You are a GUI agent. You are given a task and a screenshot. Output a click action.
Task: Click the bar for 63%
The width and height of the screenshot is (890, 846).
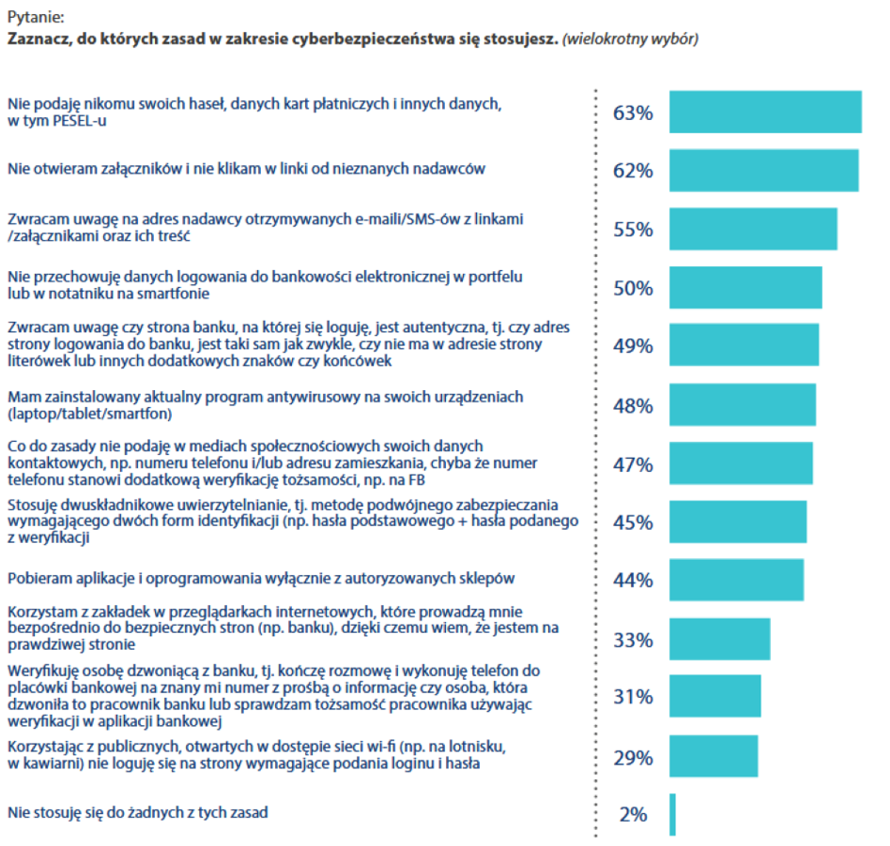[x=765, y=113]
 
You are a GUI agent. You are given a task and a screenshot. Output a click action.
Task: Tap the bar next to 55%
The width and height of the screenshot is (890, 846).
[x=753, y=230]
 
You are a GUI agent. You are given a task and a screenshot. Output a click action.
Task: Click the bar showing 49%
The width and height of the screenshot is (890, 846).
[x=744, y=346]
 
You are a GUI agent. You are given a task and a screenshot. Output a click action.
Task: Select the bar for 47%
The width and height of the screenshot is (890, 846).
[x=741, y=463]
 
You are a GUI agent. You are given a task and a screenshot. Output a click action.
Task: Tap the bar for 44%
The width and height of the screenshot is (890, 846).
[x=736, y=580]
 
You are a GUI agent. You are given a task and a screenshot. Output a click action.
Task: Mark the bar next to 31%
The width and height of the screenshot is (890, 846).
[x=714, y=696]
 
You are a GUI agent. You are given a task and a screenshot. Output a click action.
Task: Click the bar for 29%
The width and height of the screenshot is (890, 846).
[x=714, y=756]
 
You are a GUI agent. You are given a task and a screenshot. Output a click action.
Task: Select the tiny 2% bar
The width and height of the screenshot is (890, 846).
[x=672, y=814]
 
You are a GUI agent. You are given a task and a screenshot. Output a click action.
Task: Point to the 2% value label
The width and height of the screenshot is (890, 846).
[x=634, y=814]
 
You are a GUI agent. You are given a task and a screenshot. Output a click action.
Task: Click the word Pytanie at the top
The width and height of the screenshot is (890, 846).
[x=34, y=18]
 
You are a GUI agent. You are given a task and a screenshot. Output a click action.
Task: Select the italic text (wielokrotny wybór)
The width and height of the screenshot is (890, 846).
[x=630, y=39]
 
